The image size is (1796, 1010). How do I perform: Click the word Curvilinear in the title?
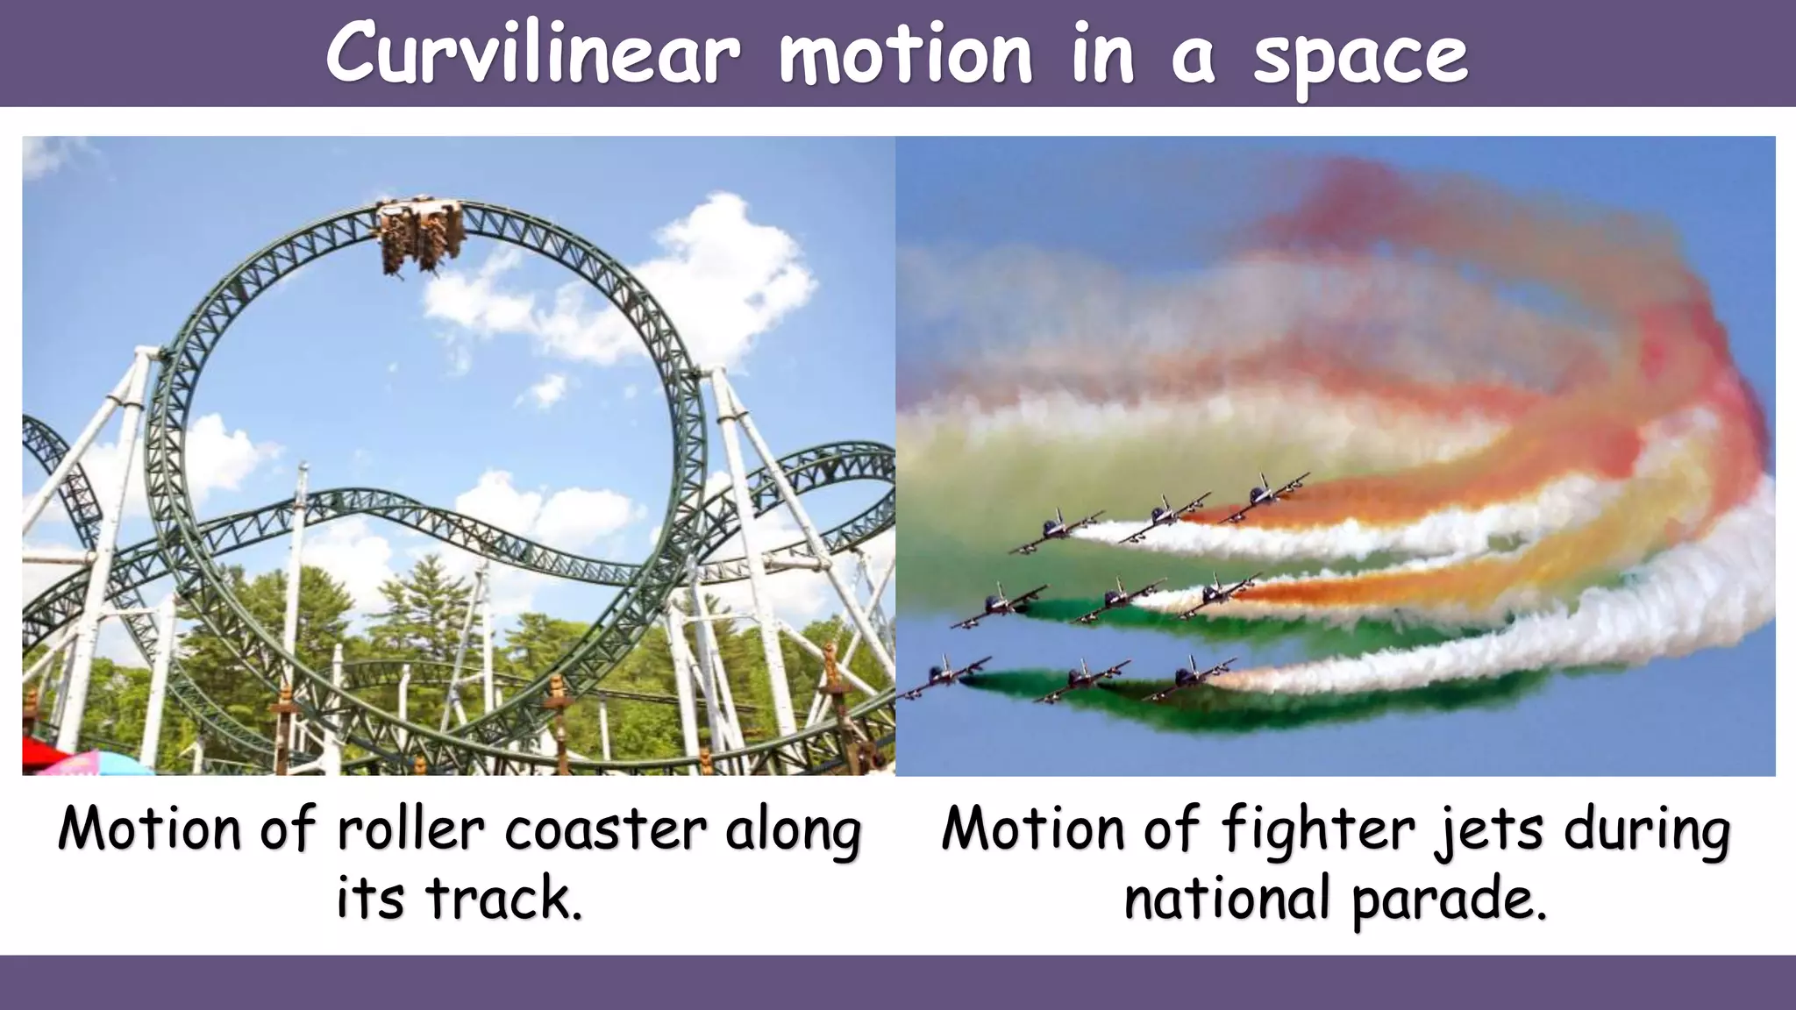click(x=532, y=54)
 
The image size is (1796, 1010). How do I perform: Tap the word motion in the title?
click(x=906, y=54)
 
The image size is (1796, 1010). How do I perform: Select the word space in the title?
click(x=1360, y=58)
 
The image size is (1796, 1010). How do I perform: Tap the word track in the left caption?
click(x=502, y=899)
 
